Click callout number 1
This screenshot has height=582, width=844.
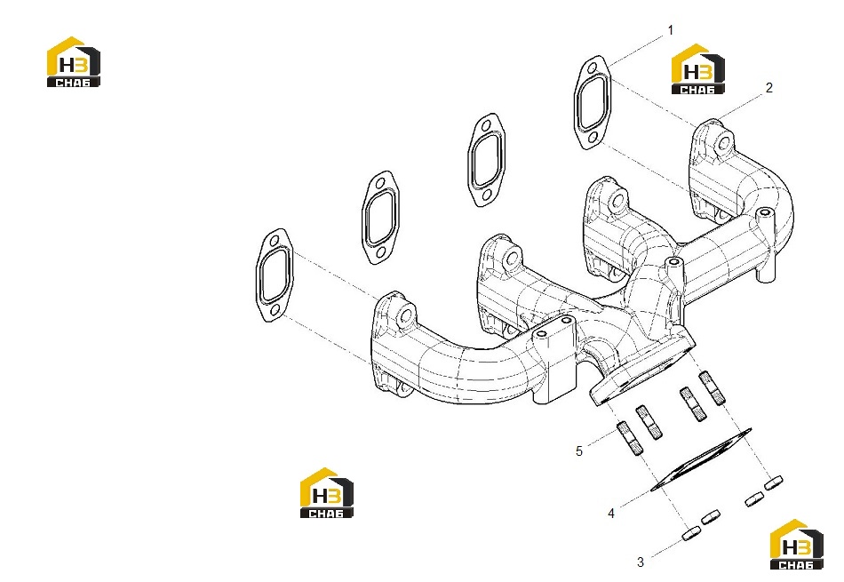click(670, 31)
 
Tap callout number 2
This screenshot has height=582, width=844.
click(768, 88)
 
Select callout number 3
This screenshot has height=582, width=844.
click(640, 562)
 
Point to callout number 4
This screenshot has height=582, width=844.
click(611, 514)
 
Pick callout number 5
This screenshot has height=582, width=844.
click(578, 451)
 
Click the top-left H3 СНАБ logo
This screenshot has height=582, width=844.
click(73, 61)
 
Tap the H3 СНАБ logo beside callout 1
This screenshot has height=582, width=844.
click(697, 69)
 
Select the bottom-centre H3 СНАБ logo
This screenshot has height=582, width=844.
click(326, 492)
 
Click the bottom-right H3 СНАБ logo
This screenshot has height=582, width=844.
click(796, 545)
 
